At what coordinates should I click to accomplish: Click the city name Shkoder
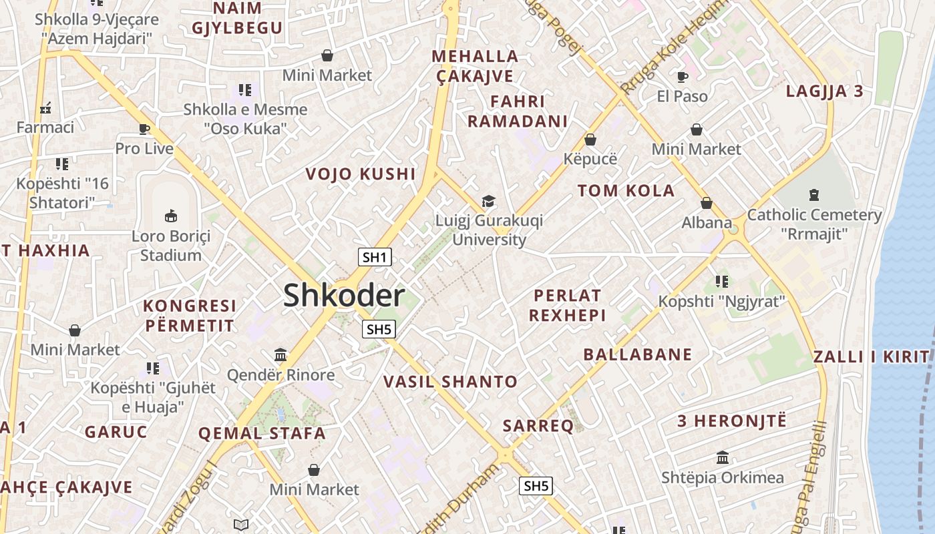tap(344, 295)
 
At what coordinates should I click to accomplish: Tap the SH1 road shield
tap(375, 257)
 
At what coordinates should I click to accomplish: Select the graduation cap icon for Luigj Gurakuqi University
tap(489, 201)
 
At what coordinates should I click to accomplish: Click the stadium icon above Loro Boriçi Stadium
tap(171, 216)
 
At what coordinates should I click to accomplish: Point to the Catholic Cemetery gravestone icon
tap(813, 195)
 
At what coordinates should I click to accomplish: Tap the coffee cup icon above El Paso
tap(682, 77)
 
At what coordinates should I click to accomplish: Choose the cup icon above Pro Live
tap(144, 129)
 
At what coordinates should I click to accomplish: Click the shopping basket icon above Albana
tap(706, 203)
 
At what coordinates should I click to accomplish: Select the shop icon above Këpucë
tap(590, 140)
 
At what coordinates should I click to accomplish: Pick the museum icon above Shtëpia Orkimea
tap(722, 458)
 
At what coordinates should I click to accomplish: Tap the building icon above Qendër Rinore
tap(280, 354)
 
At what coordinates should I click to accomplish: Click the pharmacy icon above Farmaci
tap(45, 107)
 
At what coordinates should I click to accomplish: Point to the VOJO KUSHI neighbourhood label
tap(361, 174)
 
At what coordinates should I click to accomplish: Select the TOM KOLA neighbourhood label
tap(626, 191)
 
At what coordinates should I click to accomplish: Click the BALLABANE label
tap(638, 354)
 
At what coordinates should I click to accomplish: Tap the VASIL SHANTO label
tap(450, 382)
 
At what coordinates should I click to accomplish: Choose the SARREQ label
tap(538, 426)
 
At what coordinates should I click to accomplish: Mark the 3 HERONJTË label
tap(732, 421)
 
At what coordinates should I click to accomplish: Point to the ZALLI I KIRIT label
tap(872, 356)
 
